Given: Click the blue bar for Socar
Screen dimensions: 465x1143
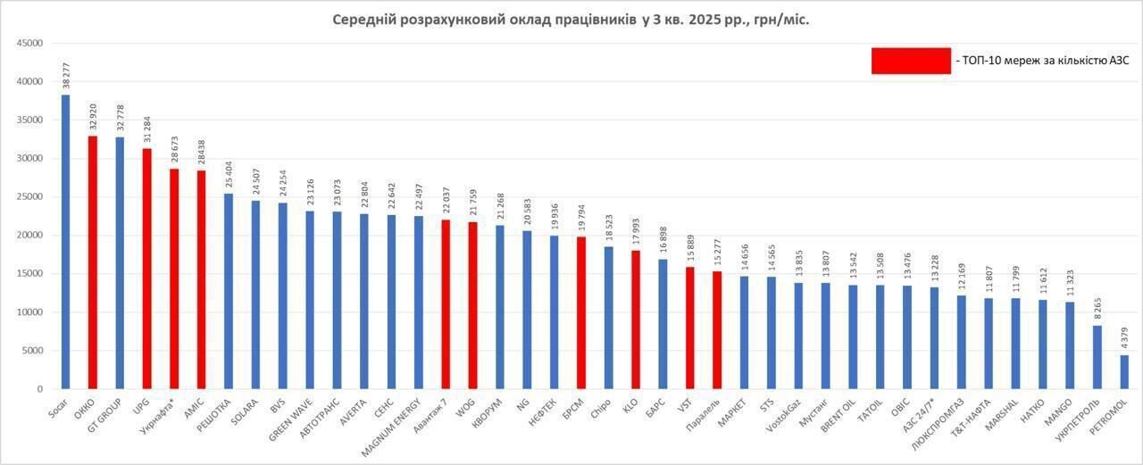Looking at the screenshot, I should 65,242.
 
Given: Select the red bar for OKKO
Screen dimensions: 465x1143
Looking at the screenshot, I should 92,262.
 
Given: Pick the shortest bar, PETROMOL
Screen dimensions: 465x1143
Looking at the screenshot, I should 1124,372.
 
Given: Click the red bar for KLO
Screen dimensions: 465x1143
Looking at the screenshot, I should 636,320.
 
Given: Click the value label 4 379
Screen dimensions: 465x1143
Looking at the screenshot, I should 1124,337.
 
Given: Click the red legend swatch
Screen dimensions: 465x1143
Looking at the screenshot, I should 911,61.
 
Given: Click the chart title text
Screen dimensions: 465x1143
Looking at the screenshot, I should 571,20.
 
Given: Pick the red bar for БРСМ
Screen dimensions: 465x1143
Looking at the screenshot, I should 581,312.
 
